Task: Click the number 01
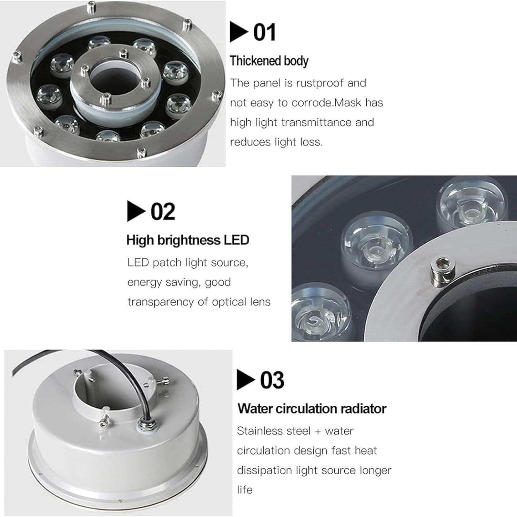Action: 264,32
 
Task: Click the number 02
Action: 163,212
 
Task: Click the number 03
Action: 272,380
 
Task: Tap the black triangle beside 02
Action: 136,211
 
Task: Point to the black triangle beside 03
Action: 245,379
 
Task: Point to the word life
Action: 245,490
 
